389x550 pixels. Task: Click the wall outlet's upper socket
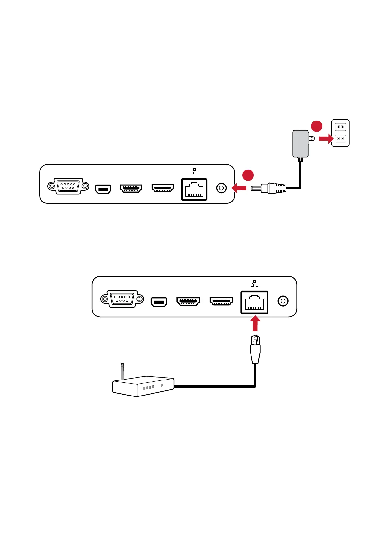(x=340, y=127)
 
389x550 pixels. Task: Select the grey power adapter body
(x=300, y=144)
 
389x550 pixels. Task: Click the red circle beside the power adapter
(x=316, y=126)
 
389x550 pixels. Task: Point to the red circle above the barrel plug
(x=248, y=175)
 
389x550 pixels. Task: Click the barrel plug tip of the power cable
(x=256, y=188)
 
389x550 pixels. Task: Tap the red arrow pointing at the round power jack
(x=239, y=188)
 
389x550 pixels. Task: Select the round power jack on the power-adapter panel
(x=221, y=188)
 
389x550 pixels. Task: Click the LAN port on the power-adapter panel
(x=194, y=189)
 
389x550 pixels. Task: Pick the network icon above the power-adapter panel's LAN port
(x=194, y=171)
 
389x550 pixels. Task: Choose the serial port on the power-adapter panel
(x=68, y=186)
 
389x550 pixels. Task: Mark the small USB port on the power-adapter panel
(x=103, y=189)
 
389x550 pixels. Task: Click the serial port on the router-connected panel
(x=122, y=299)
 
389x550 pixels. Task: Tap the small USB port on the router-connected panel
(x=159, y=302)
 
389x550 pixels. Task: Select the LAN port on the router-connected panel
(x=254, y=302)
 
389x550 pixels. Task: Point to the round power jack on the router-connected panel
(x=283, y=301)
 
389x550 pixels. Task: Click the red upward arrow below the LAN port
(x=255, y=324)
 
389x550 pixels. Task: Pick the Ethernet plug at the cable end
(x=255, y=349)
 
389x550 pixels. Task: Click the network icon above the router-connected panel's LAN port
(x=255, y=283)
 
